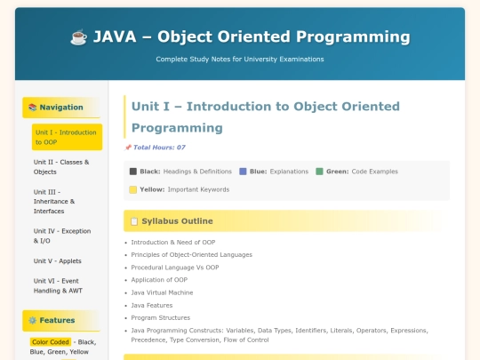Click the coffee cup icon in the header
(x=78, y=37)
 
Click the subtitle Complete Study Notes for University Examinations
(x=240, y=60)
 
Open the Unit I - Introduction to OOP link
(x=66, y=137)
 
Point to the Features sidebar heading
(x=56, y=320)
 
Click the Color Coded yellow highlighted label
(x=51, y=341)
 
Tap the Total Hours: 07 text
(x=159, y=148)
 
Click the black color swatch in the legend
(x=133, y=171)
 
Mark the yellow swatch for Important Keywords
(x=133, y=189)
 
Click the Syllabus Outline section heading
(x=177, y=220)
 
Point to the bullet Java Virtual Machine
(x=162, y=292)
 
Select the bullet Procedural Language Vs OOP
(x=174, y=268)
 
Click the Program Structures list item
(x=161, y=317)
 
